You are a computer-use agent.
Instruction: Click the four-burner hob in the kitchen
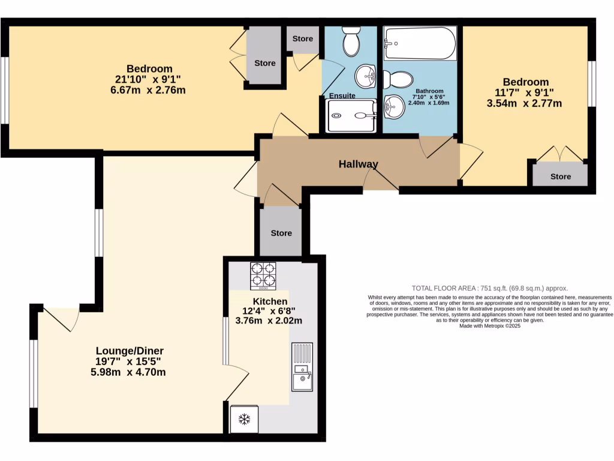click(263, 276)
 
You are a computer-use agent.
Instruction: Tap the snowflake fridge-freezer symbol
click(244, 419)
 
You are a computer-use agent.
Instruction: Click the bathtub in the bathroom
click(420, 43)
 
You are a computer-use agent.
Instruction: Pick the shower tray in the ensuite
click(351, 115)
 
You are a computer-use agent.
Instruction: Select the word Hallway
click(359, 164)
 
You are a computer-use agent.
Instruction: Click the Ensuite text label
click(342, 95)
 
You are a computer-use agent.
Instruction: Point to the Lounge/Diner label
click(130, 351)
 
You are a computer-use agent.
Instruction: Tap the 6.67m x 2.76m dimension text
click(144, 90)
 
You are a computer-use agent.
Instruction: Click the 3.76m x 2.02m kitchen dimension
click(269, 321)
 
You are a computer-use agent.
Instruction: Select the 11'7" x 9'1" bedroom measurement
click(520, 92)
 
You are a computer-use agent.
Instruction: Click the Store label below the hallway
click(281, 233)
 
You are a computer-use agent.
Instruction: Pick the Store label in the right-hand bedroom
click(561, 176)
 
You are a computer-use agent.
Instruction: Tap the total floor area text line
click(489, 288)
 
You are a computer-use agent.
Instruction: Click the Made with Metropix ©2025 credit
click(489, 326)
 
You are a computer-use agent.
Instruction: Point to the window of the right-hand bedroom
click(591, 84)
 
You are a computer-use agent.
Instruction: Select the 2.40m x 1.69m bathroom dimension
click(429, 103)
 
